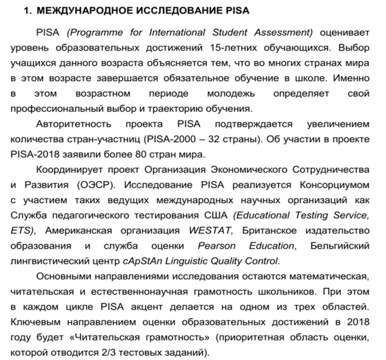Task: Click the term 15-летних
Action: tap(237, 48)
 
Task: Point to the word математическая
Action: tap(333, 276)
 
